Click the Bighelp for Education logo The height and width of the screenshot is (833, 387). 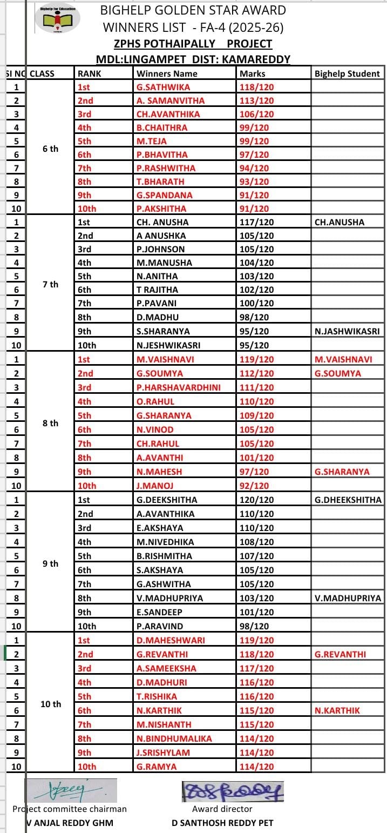point(58,17)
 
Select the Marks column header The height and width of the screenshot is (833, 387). point(253,73)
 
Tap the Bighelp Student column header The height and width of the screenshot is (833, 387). point(347,73)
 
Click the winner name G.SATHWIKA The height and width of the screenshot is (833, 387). point(164,87)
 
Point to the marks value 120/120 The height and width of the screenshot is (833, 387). point(256,500)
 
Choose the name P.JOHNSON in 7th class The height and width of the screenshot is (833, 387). point(161,249)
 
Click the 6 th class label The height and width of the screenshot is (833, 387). point(50,149)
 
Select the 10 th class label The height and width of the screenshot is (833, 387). point(51,704)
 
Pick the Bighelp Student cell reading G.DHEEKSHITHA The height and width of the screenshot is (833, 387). point(348,500)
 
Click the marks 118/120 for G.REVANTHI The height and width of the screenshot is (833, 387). point(256,654)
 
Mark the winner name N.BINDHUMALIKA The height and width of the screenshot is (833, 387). point(174,738)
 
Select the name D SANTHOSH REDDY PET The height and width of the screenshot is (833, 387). point(222,823)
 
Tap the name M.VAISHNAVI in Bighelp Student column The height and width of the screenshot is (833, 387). point(343,359)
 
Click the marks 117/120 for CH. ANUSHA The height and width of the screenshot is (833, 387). point(256,222)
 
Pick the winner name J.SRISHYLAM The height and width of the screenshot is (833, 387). point(167,753)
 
